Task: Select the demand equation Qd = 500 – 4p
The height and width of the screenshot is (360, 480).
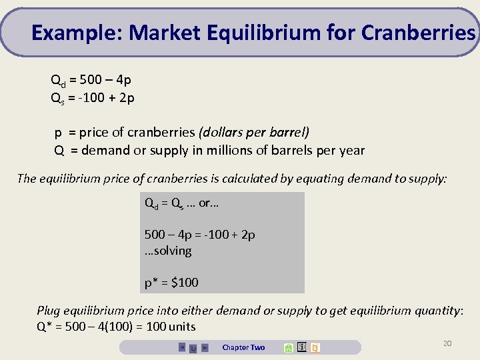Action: coord(91,81)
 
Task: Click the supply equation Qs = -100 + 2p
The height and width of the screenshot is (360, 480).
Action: coord(93,98)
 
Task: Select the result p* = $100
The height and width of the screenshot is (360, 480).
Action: coord(171,283)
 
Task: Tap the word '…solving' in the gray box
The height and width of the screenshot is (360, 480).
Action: coord(168,251)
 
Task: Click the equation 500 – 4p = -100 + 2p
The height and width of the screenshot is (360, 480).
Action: coord(200,235)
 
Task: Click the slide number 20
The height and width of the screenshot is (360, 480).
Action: coord(447,343)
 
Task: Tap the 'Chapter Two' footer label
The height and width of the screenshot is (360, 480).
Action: coord(243,347)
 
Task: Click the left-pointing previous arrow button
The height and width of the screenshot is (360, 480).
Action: coord(182,347)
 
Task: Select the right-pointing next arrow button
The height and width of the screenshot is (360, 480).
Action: coord(205,347)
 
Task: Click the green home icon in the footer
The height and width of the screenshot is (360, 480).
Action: coord(288,347)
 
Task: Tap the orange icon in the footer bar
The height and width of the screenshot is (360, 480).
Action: coord(315,347)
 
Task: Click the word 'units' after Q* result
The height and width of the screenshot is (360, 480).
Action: coord(182,327)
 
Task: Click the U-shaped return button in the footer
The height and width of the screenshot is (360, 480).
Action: coord(193,348)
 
